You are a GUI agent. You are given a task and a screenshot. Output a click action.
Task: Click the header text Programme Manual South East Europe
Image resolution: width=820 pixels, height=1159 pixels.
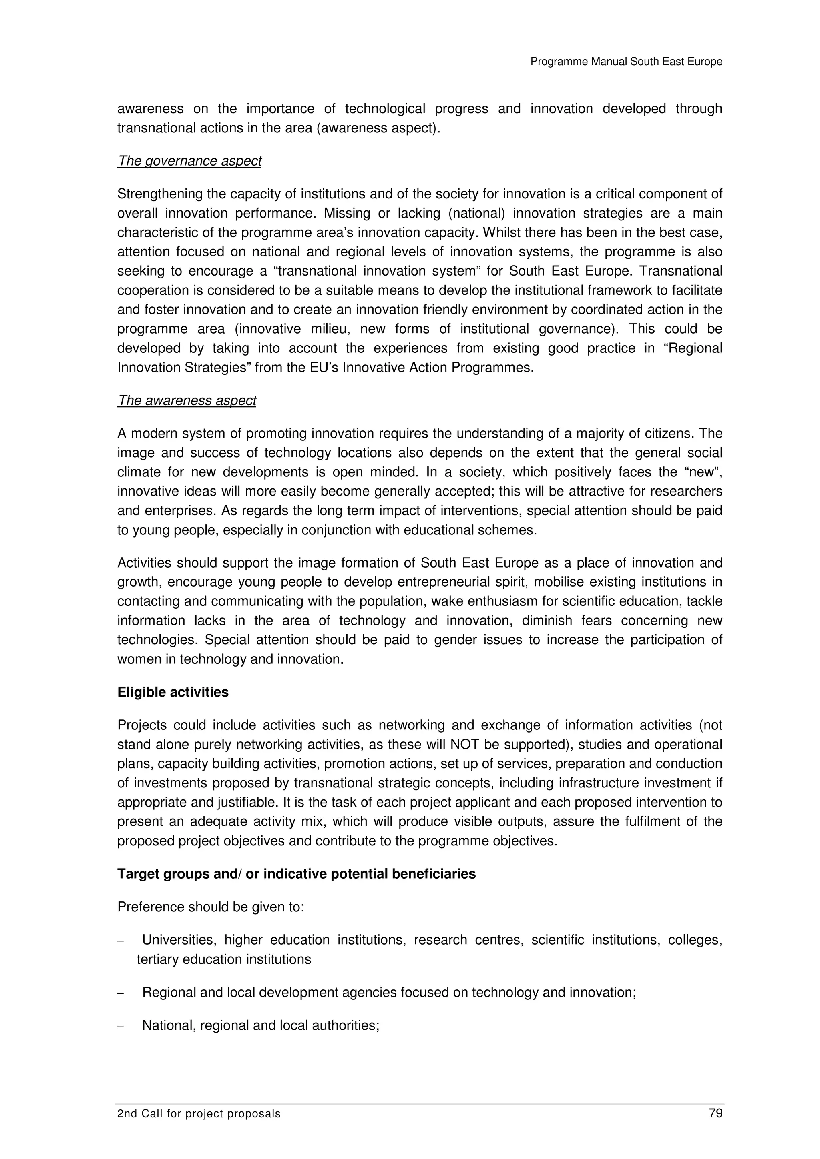(x=626, y=62)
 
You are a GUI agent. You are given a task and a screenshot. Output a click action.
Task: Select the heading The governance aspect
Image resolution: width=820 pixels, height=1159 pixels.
(x=189, y=161)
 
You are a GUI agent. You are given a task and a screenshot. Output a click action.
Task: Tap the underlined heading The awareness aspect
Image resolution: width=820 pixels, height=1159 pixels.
(x=187, y=400)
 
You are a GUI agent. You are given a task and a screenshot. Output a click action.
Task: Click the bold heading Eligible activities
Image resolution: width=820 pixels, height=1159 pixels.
(x=173, y=692)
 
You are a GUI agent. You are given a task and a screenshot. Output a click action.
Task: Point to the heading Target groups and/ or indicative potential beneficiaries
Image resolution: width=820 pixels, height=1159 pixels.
(x=297, y=874)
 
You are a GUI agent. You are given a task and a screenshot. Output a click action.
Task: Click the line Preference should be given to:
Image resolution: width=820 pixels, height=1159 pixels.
(x=211, y=907)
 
